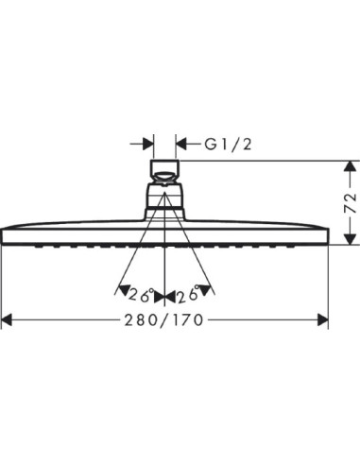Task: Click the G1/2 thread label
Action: pyautogui.click(x=231, y=145)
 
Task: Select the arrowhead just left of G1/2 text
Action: pyautogui.click(x=184, y=145)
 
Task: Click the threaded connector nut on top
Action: pyautogui.click(x=166, y=174)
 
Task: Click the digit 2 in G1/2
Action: pyautogui.click(x=249, y=145)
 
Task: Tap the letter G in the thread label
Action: pyautogui.click(x=211, y=145)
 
